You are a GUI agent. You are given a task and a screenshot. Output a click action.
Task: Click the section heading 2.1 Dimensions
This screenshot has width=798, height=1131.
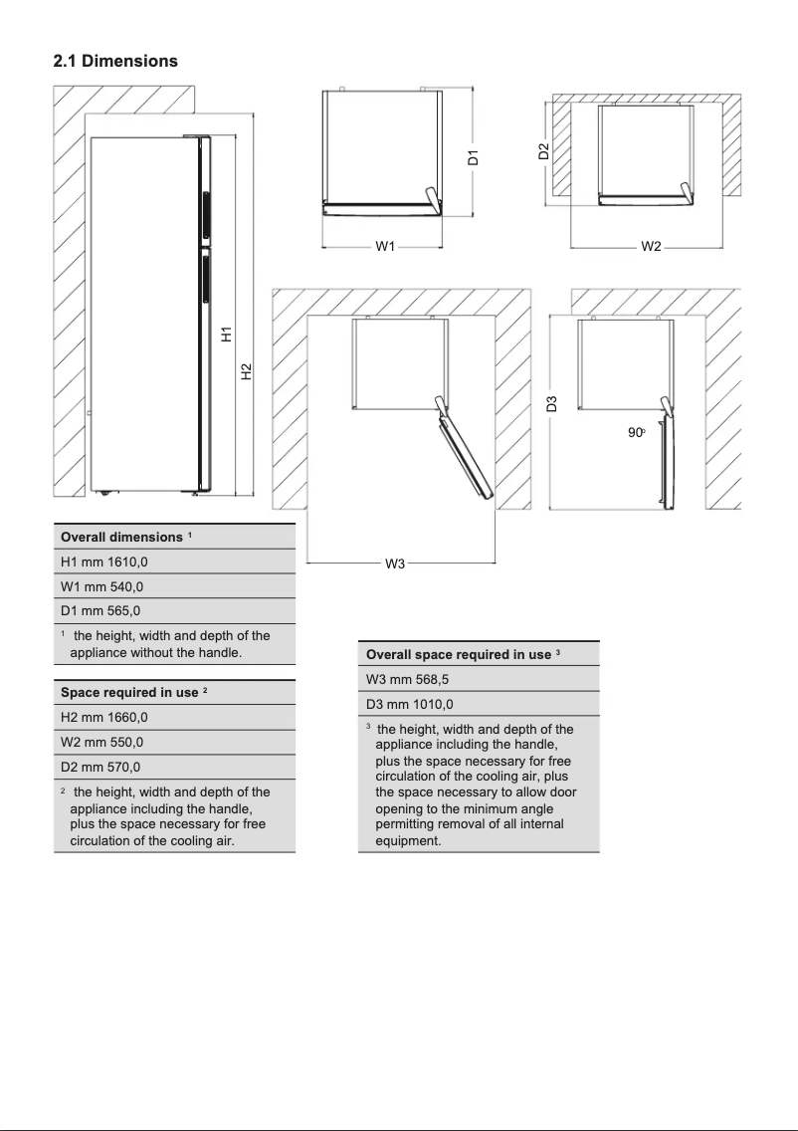(x=115, y=61)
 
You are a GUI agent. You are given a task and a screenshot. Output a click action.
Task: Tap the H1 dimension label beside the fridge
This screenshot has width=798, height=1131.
(x=227, y=335)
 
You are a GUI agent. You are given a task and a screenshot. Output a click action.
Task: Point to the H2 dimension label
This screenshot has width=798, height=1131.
(x=246, y=370)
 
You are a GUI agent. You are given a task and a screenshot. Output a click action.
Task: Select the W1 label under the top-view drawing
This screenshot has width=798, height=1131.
(x=386, y=246)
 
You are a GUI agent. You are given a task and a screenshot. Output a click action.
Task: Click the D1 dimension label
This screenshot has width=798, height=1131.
(x=475, y=156)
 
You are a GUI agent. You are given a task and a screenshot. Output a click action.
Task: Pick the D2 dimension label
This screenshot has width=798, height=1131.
(x=543, y=151)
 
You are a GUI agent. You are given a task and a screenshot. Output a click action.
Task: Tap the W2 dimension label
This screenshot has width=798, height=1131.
(x=651, y=246)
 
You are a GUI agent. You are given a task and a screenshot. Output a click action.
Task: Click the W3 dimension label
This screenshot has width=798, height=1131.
(x=395, y=565)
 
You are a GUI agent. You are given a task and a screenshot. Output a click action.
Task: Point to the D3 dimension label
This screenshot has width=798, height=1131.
(x=551, y=403)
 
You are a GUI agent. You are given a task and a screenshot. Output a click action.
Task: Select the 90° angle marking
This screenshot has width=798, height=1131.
(x=637, y=433)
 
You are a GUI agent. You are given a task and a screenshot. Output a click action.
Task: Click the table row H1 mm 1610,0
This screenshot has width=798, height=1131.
(x=104, y=562)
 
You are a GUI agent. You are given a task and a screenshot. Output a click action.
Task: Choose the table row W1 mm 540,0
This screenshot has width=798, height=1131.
(x=102, y=586)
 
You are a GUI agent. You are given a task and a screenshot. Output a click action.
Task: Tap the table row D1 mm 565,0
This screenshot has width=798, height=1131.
(x=102, y=611)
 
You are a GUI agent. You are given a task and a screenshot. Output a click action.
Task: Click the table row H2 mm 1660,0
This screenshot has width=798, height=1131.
(x=104, y=717)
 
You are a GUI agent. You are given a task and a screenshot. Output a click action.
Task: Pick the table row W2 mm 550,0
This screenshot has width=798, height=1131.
(x=102, y=742)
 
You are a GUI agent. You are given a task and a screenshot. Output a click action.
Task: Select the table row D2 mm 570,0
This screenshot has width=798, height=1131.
(x=102, y=767)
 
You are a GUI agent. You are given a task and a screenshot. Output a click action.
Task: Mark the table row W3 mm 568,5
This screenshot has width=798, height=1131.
(x=408, y=679)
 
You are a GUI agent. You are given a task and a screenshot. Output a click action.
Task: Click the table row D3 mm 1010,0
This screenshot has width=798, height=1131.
(x=410, y=704)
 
